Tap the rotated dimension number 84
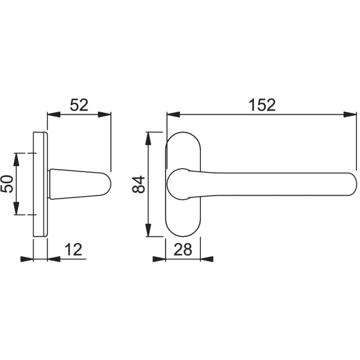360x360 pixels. [138, 184]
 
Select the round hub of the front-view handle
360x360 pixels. [178, 184]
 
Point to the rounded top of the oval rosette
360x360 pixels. [182, 136]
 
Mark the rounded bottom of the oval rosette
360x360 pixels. [182, 233]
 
